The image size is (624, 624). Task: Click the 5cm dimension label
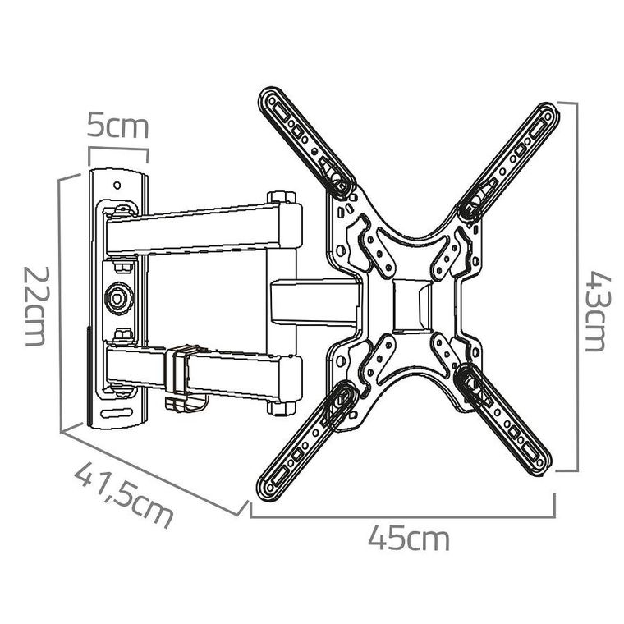tap(118, 128)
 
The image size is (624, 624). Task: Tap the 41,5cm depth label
tap(125, 495)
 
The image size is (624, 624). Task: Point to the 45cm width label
tap(409, 539)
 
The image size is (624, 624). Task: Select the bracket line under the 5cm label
tap(118, 150)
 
